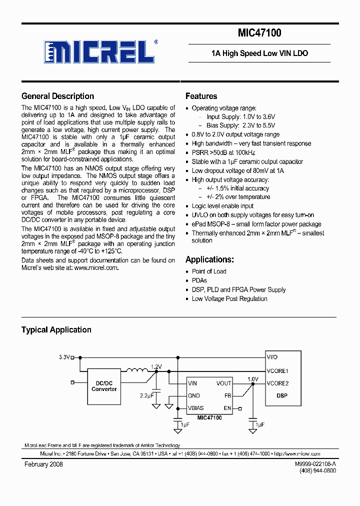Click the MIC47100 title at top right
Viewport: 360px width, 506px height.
[259, 33]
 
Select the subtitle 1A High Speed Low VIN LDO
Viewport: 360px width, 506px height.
[259, 53]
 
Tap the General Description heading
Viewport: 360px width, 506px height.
[57, 96]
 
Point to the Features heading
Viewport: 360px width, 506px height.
[201, 96]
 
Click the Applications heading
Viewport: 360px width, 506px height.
[209, 259]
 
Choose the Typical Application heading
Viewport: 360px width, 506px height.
[56, 330]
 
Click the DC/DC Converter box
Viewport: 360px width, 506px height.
[104, 386]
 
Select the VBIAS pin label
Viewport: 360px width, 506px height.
[196, 408]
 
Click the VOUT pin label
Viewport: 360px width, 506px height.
[223, 383]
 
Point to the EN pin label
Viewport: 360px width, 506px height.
[227, 408]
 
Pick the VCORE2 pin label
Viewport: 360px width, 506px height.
[277, 383]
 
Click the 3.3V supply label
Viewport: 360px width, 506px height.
[64, 357]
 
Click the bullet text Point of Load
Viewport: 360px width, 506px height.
[209, 271]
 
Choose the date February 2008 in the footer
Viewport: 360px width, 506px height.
[43, 464]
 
